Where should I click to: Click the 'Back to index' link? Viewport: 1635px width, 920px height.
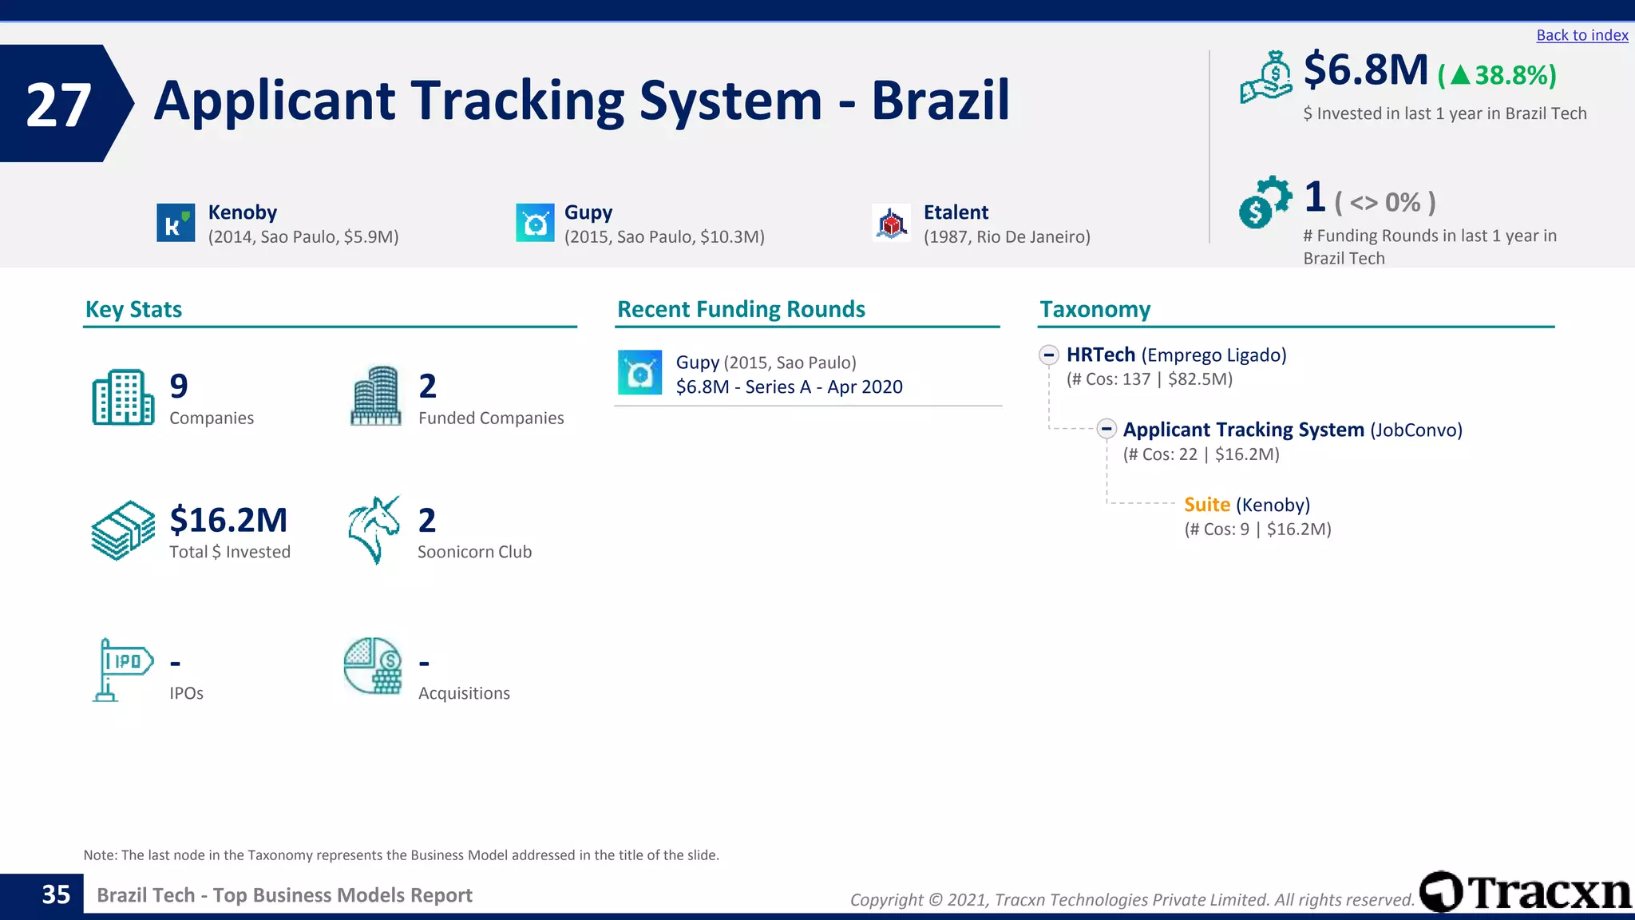click(x=1582, y=35)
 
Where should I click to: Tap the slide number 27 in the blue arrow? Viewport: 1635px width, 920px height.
click(x=58, y=105)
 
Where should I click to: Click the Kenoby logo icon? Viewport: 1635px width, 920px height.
click(x=176, y=222)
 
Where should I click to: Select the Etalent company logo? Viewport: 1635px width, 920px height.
click(x=891, y=223)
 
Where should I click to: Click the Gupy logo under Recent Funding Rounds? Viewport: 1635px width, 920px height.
click(x=639, y=372)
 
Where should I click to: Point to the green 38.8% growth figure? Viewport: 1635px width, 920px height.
click(x=1497, y=75)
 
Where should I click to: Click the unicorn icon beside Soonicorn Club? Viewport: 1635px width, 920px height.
click(x=374, y=529)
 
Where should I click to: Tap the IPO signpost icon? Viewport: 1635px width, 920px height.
click(x=121, y=669)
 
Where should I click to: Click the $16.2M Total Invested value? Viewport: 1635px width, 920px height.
click(x=228, y=520)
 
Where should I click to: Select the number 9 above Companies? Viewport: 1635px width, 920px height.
click(x=179, y=387)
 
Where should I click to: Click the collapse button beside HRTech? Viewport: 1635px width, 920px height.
click(x=1049, y=355)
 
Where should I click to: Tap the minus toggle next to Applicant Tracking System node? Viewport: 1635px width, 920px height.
click(x=1106, y=429)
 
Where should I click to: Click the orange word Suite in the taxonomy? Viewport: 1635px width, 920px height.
click(x=1206, y=505)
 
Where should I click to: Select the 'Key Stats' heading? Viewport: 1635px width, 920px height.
click(x=133, y=309)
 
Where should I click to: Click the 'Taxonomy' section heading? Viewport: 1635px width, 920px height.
click(x=1095, y=309)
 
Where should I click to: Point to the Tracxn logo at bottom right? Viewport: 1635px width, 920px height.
click(x=1526, y=892)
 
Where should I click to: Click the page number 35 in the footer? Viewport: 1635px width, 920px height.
click(x=56, y=894)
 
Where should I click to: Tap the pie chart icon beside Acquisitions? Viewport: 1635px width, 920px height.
click(x=373, y=666)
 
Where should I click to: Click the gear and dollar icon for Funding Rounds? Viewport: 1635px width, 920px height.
click(x=1264, y=202)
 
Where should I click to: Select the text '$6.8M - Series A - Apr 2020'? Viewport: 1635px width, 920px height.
click(x=789, y=387)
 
